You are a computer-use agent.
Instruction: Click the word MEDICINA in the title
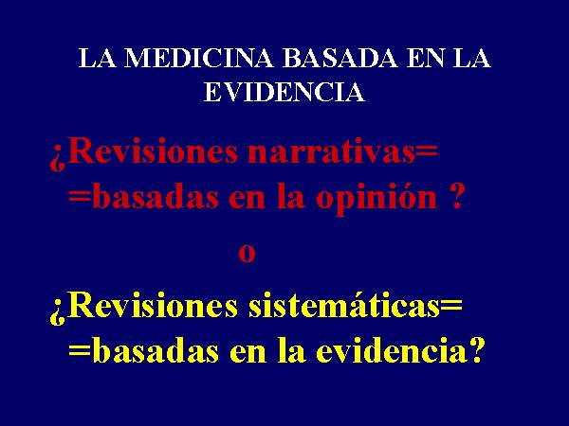(x=198, y=58)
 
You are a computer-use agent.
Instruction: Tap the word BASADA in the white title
(x=340, y=58)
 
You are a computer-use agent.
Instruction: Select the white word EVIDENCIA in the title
(x=284, y=92)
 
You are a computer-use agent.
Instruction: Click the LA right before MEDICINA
(x=98, y=58)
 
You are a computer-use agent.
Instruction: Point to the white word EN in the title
(x=425, y=58)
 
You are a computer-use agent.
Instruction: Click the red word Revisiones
(x=152, y=151)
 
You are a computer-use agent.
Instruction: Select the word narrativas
(x=331, y=152)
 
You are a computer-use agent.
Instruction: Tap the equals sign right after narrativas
(x=427, y=151)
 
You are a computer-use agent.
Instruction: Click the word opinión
(x=376, y=199)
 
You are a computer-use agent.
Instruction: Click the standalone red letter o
(x=247, y=253)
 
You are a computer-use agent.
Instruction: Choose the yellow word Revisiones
(x=152, y=306)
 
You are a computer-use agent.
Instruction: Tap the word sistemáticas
(x=343, y=306)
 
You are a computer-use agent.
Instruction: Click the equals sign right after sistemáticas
(x=451, y=306)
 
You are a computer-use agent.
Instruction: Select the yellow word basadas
(x=156, y=350)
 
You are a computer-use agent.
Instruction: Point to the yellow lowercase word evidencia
(x=392, y=350)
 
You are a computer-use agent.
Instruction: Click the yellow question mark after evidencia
(x=475, y=350)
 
